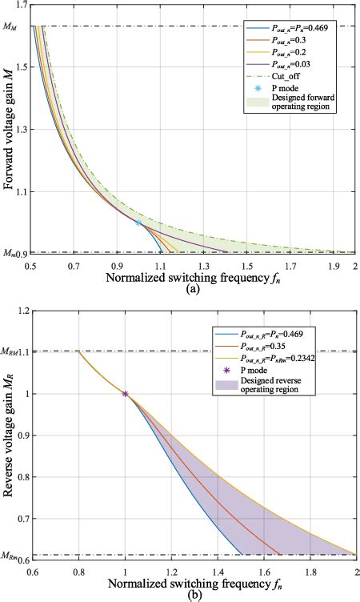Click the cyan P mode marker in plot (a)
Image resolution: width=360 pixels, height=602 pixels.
point(138,223)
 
